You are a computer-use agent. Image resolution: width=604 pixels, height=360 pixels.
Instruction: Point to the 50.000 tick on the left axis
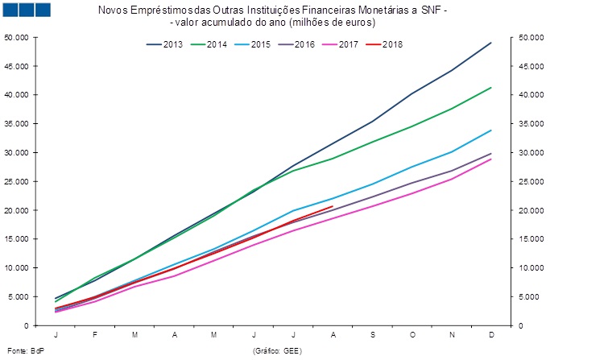17,37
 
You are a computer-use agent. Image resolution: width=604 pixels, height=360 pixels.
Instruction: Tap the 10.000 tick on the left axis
17,267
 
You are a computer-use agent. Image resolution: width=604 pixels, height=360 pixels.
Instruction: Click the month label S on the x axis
373,333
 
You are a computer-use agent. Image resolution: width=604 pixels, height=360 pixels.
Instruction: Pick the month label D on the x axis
491,333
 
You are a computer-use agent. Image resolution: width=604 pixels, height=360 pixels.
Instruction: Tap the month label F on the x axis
96,333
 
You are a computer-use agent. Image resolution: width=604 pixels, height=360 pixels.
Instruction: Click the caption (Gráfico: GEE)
277,351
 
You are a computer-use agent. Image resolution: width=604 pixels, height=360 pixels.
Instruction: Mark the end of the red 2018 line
333,206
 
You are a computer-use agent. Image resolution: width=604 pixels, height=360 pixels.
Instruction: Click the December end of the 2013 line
491,43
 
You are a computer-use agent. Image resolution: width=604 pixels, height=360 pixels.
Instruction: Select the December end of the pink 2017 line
491,159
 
